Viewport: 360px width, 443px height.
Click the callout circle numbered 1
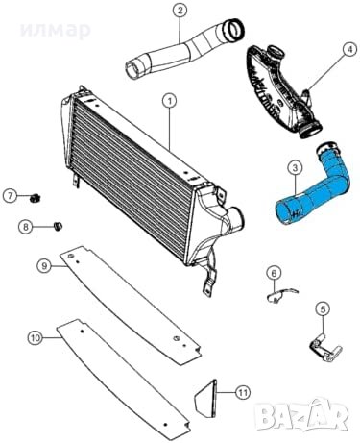coord(169,99)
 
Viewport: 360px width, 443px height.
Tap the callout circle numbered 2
coord(180,12)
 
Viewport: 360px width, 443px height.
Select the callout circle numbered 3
coord(295,167)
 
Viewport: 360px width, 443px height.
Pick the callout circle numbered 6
coord(274,273)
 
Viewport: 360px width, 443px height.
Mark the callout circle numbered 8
coord(28,227)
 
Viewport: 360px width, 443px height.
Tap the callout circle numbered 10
coord(35,337)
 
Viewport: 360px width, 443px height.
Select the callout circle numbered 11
coord(242,391)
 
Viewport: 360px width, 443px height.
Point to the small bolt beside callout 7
coord(35,198)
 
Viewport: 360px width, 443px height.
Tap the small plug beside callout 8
coord(55,227)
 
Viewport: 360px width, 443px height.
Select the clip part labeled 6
coord(276,294)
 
